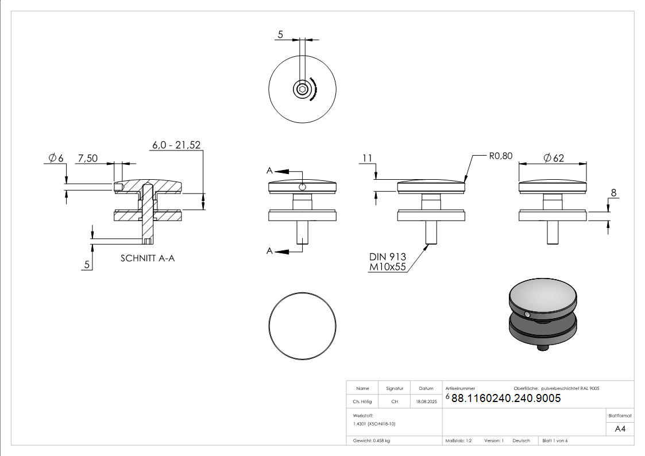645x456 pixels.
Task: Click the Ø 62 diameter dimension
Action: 553,157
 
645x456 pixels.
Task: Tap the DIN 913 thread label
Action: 387,257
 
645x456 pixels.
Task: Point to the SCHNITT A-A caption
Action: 148,258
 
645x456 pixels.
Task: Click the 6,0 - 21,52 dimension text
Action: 176,145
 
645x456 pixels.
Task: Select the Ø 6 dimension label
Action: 56,158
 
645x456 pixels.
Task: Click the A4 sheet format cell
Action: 620,429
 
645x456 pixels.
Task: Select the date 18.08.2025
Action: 426,402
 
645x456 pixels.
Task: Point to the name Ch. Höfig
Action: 363,402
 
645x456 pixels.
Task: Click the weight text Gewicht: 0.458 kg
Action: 372,440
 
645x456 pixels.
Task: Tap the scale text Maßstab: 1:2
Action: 458,440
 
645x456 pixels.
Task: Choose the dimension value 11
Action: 368,157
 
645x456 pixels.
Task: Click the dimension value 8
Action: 613,194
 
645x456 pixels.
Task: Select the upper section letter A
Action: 269,171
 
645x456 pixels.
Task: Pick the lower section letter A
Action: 269,251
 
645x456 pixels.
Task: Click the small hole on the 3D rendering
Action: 527,314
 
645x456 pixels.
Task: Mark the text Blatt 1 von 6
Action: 555,440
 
